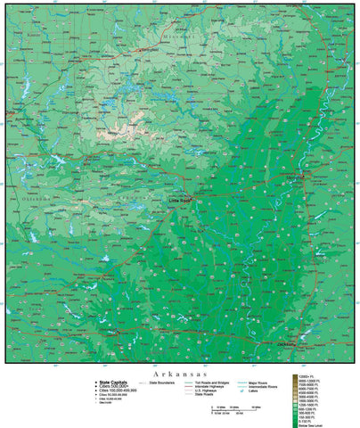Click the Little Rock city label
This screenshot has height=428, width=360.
coord(179,202)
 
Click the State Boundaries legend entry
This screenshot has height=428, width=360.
coord(161,382)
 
